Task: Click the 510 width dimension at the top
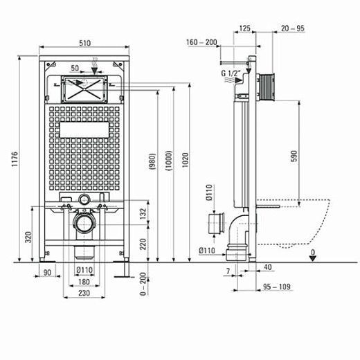pos(84,43)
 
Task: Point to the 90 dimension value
pos(48,273)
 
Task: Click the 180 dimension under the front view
pos(83,282)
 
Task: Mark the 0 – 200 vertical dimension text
pos(143,283)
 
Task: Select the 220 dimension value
pos(143,243)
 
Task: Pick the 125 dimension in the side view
pos(244,29)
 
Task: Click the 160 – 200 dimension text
pos(201,42)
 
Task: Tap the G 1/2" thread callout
pos(231,73)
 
